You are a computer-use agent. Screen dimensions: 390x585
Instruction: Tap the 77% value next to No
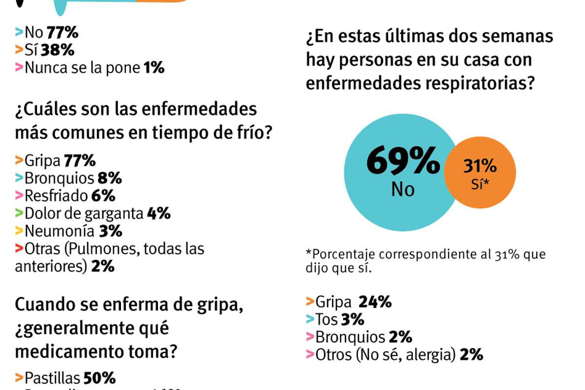pyautogui.click(x=62, y=33)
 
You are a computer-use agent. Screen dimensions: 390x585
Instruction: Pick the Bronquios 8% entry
pyautogui.click(x=68, y=178)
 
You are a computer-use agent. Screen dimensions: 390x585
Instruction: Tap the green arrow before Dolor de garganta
pyautogui.click(x=19, y=213)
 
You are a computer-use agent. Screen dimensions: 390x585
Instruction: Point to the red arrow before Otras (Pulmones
pyautogui.click(x=19, y=248)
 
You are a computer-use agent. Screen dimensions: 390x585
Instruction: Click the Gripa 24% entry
pyautogui.click(x=349, y=302)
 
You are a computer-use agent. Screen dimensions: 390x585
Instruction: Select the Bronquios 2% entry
pyautogui.click(x=359, y=337)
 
